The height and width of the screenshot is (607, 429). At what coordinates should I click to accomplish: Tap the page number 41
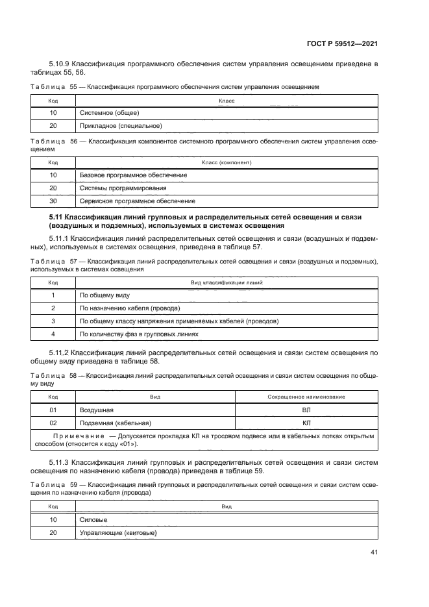[374, 552]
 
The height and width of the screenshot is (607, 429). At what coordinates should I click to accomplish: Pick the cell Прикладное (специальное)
[120, 125]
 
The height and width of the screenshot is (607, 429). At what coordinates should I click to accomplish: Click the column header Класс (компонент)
[227, 162]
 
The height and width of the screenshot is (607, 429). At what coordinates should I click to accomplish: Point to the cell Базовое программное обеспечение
[133, 175]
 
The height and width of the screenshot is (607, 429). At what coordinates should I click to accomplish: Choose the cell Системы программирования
[123, 188]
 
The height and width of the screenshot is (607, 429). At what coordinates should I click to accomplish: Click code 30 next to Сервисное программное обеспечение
[53, 201]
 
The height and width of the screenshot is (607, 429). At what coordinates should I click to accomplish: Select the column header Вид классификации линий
[227, 282]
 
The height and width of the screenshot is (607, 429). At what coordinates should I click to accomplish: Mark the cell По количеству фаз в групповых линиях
[138, 334]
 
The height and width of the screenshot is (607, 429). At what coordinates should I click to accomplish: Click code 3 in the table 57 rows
[53, 321]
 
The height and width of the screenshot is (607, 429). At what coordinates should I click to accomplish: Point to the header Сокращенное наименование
[306, 397]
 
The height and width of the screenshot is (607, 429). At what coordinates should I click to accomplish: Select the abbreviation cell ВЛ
[306, 410]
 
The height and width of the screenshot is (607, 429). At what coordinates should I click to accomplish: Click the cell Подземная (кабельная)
[115, 422]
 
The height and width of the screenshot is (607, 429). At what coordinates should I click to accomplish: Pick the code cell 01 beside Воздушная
[53, 410]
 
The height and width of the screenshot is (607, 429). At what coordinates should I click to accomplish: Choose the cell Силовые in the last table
[93, 519]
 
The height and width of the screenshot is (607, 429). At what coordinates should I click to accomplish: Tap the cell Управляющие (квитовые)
[118, 532]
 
